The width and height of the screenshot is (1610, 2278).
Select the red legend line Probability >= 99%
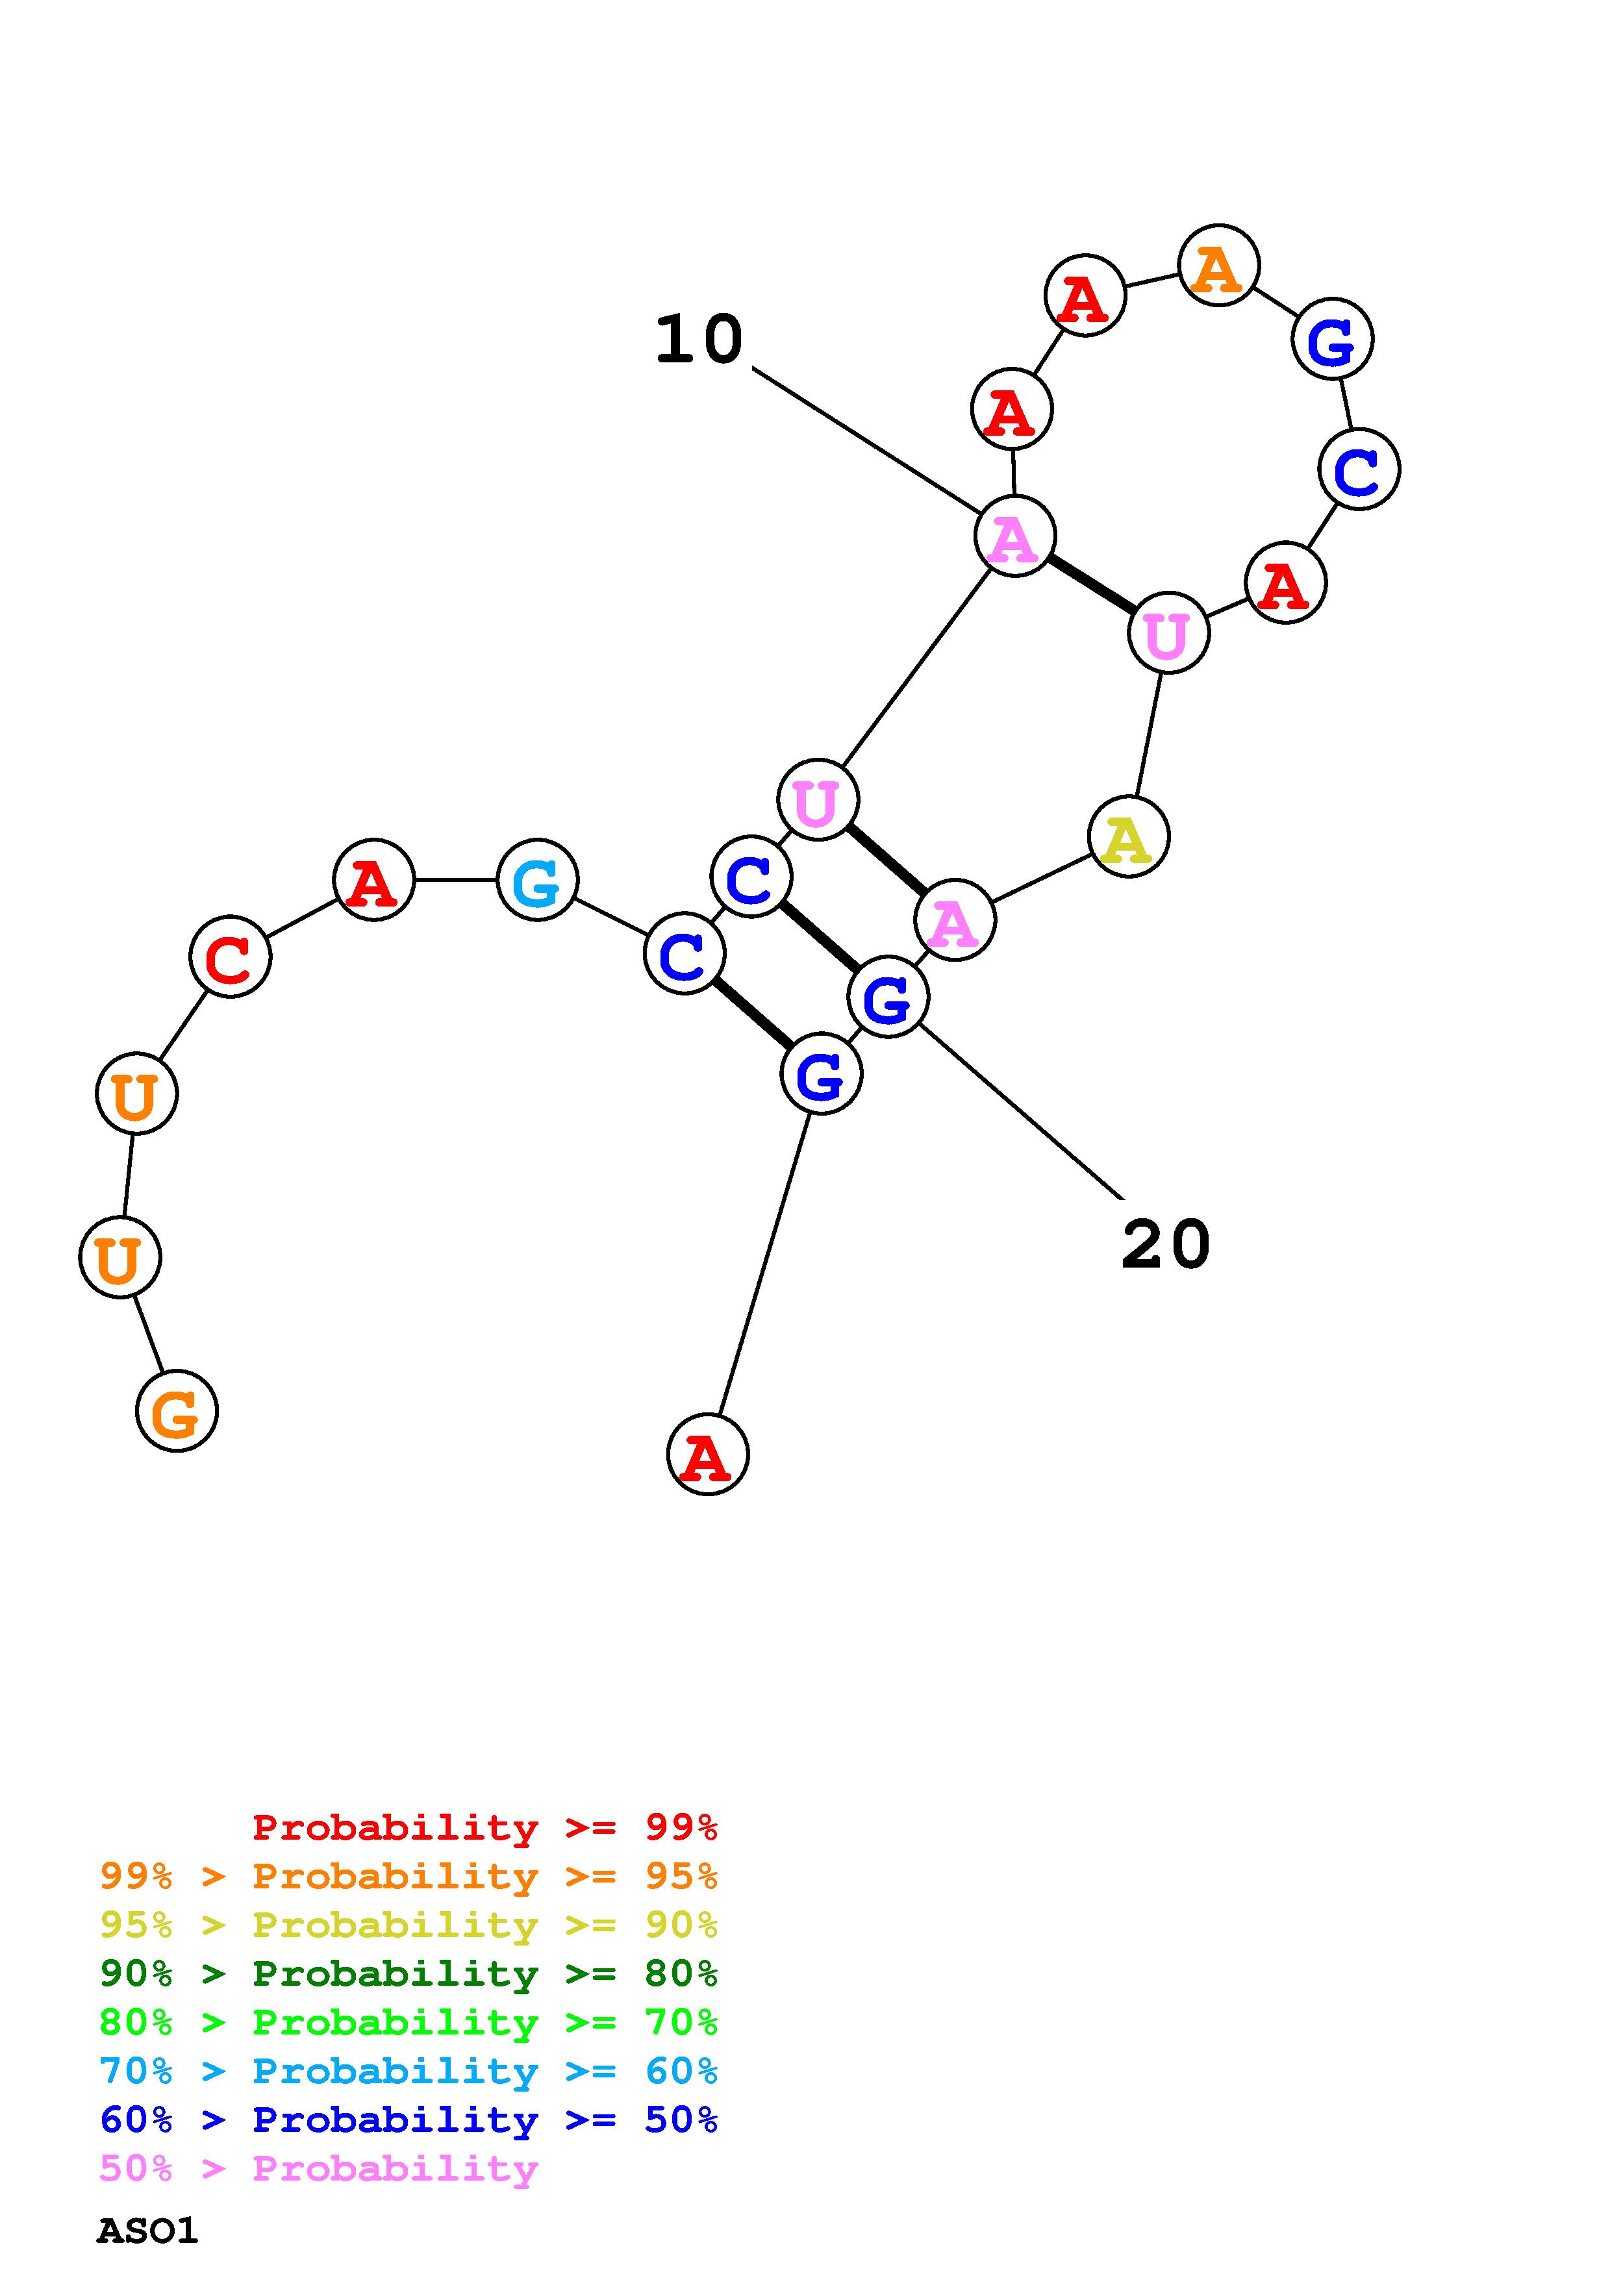[484, 1827]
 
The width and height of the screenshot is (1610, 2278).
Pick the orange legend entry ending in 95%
[409, 1876]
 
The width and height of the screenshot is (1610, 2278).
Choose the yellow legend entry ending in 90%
[409, 1925]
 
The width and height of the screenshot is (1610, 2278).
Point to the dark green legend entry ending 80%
[409, 1973]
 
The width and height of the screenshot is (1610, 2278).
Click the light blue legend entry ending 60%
[409, 2071]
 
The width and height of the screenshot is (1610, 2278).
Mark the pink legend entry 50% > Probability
[318, 2168]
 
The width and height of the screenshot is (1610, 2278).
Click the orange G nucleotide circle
[177, 1411]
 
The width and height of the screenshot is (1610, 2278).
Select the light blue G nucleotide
[536, 880]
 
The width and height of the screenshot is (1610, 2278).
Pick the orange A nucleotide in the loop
[1218, 266]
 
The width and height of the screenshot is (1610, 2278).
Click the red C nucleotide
[230, 957]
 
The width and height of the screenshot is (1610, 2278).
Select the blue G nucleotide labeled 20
[888, 997]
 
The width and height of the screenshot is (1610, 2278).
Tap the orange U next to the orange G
[119, 1258]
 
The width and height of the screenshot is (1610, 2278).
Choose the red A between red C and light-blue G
[373, 880]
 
